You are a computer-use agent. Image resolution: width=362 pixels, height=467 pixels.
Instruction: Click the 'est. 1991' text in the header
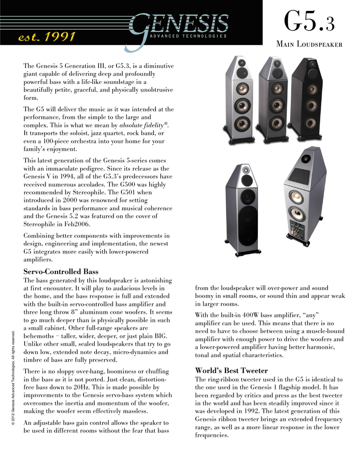[46, 37]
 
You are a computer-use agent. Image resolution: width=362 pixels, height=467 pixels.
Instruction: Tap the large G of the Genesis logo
[140, 28]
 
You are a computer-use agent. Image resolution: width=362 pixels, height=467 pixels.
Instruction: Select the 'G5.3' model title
[309, 22]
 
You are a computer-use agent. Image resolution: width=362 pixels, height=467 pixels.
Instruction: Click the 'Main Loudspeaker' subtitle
[309, 44]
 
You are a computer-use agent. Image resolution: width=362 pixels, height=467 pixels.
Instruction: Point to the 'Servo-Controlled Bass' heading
[61, 271]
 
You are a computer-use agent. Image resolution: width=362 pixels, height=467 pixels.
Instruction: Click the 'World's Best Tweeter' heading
[231, 370]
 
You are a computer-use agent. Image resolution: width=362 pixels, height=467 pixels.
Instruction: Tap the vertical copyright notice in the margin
[14, 378]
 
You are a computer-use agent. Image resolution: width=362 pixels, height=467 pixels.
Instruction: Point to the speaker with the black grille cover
[244, 210]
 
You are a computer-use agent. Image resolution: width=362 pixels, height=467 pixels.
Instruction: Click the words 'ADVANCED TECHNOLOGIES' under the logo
[188, 36]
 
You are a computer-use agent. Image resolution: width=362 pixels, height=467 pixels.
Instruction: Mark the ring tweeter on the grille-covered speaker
[246, 170]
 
